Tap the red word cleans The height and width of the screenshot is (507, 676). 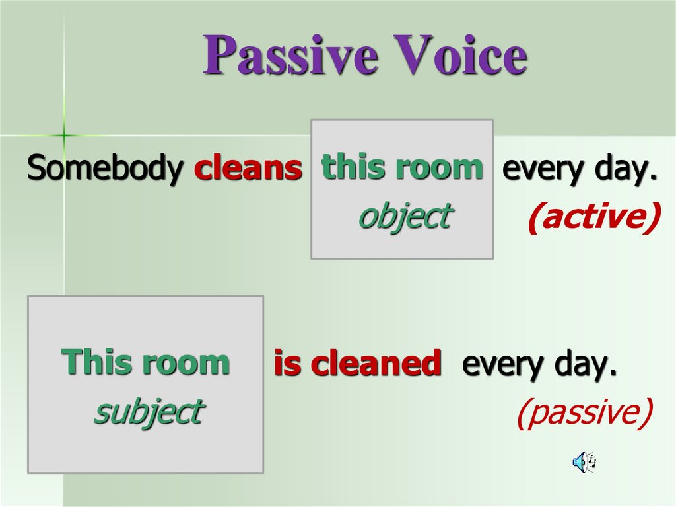pyautogui.click(x=248, y=169)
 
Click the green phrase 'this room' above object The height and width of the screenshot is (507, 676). pyautogui.click(x=402, y=167)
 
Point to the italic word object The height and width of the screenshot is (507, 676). pyautogui.click(x=403, y=216)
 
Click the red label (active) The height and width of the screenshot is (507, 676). pyautogui.click(x=593, y=218)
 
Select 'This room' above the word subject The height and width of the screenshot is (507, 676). pyautogui.click(x=145, y=362)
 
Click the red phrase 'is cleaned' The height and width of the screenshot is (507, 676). pyautogui.click(x=357, y=364)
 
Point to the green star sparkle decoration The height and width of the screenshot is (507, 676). pyautogui.click(x=64, y=135)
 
